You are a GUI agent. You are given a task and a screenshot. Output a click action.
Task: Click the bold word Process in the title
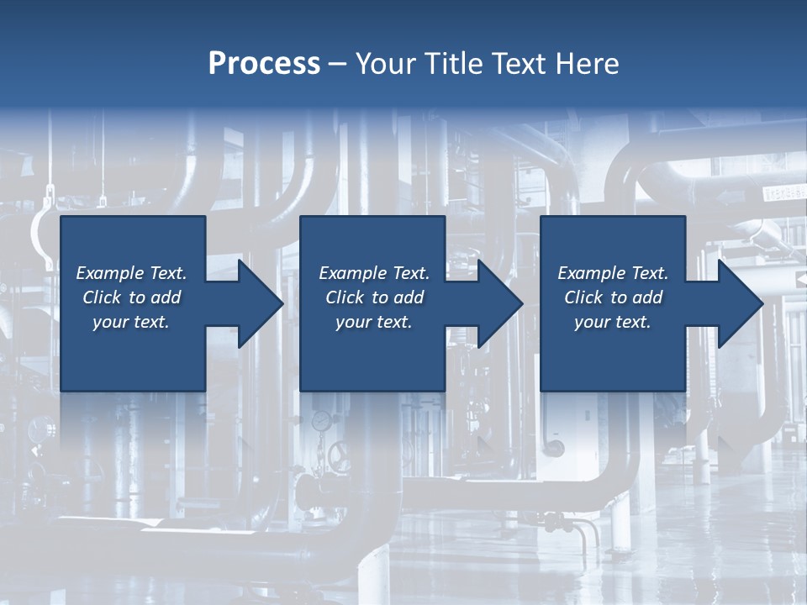click(264, 64)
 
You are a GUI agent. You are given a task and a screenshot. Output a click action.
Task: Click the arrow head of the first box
click(261, 303)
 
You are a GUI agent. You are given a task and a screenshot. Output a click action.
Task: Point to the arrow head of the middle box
click(501, 303)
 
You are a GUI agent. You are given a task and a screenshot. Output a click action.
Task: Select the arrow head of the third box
click(740, 303)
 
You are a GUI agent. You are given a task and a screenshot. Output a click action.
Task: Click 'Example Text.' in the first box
click(131, 273)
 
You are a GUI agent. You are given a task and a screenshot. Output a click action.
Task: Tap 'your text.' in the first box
click(131, 322)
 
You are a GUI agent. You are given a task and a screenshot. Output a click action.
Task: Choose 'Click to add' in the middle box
click(374, 297)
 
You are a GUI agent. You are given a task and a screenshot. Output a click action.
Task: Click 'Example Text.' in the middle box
click(374, 273)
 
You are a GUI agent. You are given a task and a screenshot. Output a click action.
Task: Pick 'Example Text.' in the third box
click(613, 273)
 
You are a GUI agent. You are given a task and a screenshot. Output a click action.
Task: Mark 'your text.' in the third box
click(613, 322)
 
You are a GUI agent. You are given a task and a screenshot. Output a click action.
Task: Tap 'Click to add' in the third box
click(613, 297)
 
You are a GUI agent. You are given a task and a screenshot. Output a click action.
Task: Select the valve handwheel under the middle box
click(340, 459)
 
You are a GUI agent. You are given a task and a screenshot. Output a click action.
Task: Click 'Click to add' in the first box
click(131, 297)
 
